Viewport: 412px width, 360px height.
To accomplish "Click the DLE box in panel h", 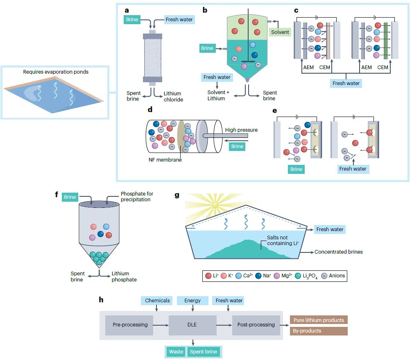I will (192, 325).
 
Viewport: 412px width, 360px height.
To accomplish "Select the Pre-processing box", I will (130, 325).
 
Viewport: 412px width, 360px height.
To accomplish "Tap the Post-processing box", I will (256, 325).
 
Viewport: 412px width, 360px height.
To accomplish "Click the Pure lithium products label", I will (319, 320).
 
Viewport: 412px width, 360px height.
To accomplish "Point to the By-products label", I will (319, 331).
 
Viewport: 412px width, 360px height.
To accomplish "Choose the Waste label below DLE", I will (177, 352).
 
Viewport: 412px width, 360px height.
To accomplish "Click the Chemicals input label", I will (157, 300).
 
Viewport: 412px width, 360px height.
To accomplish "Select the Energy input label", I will (192, 300).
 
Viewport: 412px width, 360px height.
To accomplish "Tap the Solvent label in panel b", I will (280, 32).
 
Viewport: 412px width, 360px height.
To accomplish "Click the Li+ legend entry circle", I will (208, 276).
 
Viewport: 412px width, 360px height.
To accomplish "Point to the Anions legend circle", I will (324, 276).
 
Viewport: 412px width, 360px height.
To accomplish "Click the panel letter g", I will (177, 195).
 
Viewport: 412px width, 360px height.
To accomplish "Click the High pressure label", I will (242, 130).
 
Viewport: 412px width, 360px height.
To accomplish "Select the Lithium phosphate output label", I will (125, 277).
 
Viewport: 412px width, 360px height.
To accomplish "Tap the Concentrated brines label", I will (338, 252).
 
